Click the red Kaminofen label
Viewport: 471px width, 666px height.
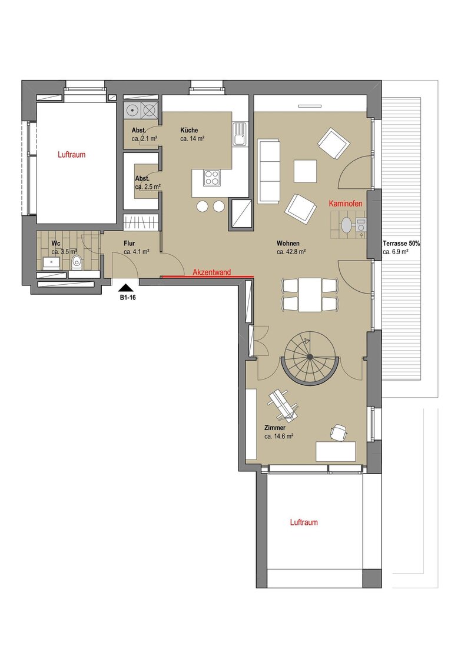pyautogui.click(x=346, y=204)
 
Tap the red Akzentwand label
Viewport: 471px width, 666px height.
pyautogui.click(x=212, y=272)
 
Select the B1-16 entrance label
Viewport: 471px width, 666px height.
pyautogui.click(x=128, y=298)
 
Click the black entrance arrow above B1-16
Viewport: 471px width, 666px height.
pyautogui.click(x=127, y=288)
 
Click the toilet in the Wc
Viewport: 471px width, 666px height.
pyautogui.click(x=77, y=262)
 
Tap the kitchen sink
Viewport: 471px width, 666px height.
pyautogui.click(x=239, y=134)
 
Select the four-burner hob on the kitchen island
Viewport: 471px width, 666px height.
pyautogui.click(x=212, y=178)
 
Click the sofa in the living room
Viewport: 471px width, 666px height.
pyautogui.click(x=268, y=171)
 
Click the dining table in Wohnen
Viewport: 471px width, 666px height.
pyautogui.click(x=310, y=294)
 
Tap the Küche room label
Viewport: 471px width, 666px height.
pyautogui.click(x=189, y=131)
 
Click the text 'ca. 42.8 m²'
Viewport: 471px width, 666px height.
pyautogui.click(x=291, y=252)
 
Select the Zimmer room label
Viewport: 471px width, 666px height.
pyautogui.click(x=274, y=428)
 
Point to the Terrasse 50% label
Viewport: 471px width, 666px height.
pyautogui.click(x=402, y=244)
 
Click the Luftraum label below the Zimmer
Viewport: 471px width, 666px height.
pyautogui.click(x=304, y=522)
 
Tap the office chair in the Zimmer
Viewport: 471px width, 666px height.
pyautogui.click(x=339, y=432)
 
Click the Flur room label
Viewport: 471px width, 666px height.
pyautogui.click(x=129, y=244)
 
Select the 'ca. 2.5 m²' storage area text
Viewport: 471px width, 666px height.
pyautogui.click(x=148, y=187)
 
